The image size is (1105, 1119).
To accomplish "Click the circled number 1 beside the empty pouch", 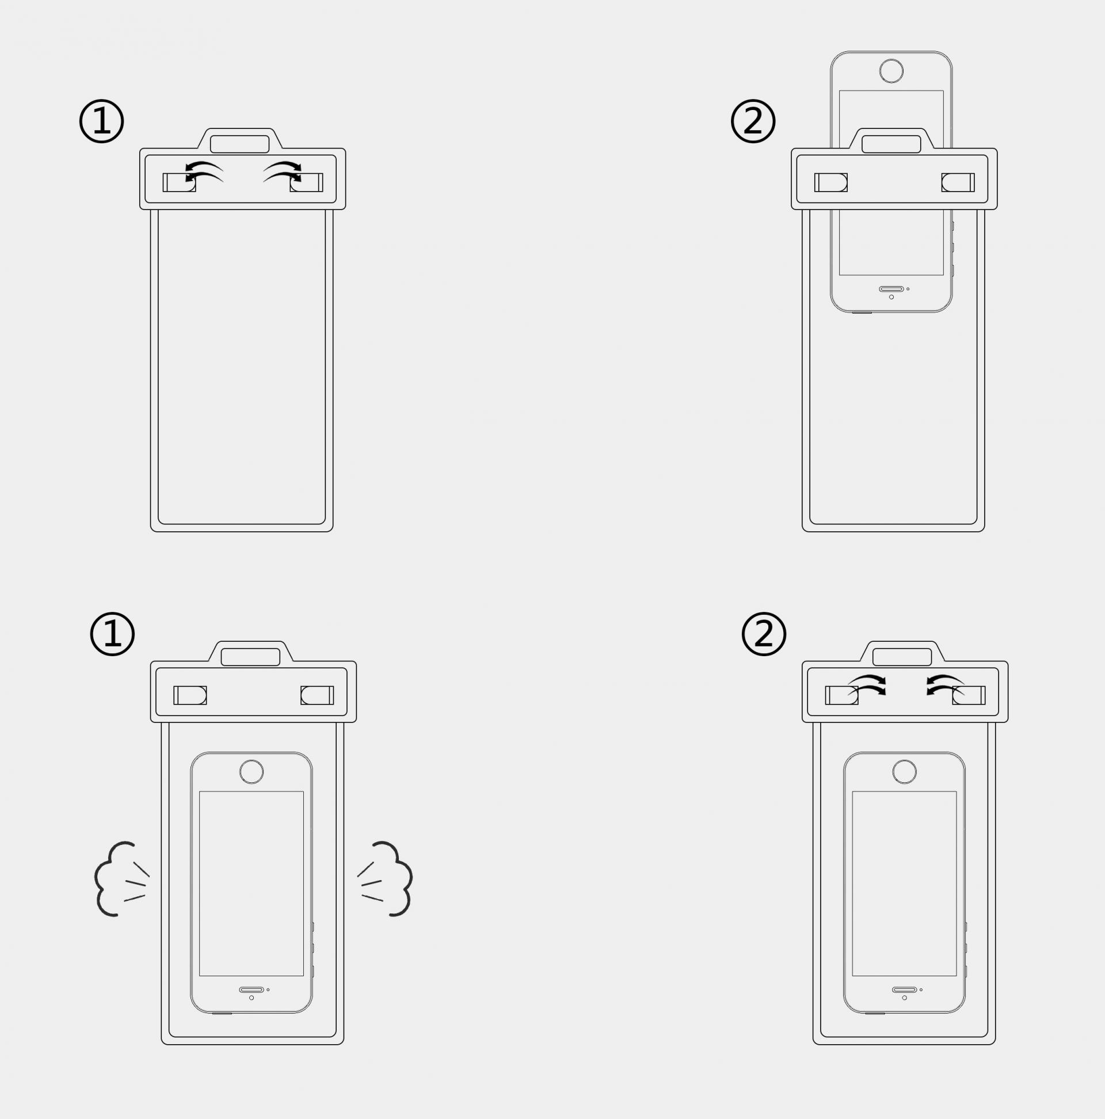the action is (101, 121).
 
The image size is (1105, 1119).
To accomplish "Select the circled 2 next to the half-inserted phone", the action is (753, 121).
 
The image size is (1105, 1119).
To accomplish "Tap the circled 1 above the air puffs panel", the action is (112, 634).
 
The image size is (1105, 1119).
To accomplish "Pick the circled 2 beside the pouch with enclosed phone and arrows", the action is (764, 634).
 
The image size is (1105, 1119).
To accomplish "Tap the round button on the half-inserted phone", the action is (891, 71).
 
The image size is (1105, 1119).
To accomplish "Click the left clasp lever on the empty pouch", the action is (180, 182).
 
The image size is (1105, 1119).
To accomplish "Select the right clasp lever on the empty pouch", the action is (306, 182).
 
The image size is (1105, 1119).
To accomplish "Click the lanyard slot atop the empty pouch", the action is (240, 144).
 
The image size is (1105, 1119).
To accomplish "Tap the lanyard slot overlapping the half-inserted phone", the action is (891, 144).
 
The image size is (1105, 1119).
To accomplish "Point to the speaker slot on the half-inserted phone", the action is (891, 289).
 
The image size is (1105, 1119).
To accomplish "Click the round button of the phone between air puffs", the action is (252, 772).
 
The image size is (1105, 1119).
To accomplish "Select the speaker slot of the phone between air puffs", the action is (252, 990).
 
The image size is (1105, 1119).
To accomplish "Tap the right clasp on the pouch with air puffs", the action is (317, 695).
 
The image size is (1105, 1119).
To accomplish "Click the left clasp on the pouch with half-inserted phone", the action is (831, 182).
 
